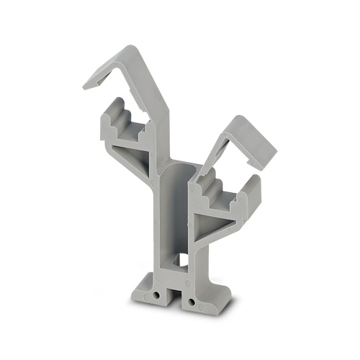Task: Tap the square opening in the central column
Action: (x=179, y=259)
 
